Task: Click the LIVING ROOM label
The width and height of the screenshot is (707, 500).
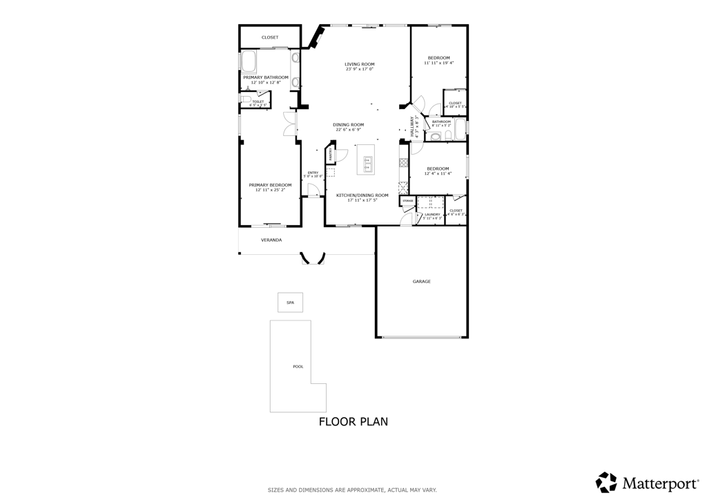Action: tap(359, 64)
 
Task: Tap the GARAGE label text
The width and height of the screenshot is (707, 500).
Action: tap(421, 282)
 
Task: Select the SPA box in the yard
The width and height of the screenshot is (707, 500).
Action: tap(290, 302)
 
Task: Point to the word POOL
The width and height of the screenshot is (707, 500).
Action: tap(298, 367)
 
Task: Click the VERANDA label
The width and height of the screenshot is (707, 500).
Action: tap(271, 240)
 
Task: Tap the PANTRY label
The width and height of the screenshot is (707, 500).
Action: tap(331, 154)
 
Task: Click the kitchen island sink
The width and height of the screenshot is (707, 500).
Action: tap(368, 164)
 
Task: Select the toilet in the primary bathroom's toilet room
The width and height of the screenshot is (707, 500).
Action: tap(245, 100)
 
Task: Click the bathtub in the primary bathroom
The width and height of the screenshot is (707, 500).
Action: tap(249, 62)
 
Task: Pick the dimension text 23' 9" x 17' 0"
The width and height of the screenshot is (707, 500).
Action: tap(359, 69)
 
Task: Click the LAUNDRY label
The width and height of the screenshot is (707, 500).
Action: tap(432, 214)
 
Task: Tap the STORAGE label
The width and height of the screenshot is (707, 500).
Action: tap(408, 201)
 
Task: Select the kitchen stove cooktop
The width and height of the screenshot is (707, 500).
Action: tap(403, 163)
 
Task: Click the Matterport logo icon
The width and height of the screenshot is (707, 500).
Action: tap(606, 482)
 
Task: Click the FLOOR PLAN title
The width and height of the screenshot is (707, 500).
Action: tap(353, 421)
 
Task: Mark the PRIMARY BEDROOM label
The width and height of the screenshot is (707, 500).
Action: tap(270, 185)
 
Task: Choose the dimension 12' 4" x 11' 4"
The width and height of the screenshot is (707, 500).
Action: tap(438, 174)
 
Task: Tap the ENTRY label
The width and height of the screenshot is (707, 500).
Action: tap(313, 173)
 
